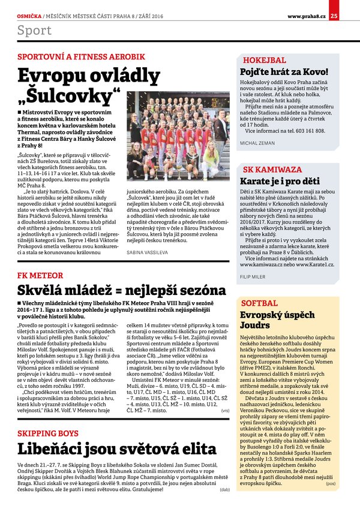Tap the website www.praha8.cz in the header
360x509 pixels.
(307, 7)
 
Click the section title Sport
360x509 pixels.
(34, 30)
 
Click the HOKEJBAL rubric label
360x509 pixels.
(264, 61)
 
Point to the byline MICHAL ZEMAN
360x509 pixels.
(257, 143)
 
